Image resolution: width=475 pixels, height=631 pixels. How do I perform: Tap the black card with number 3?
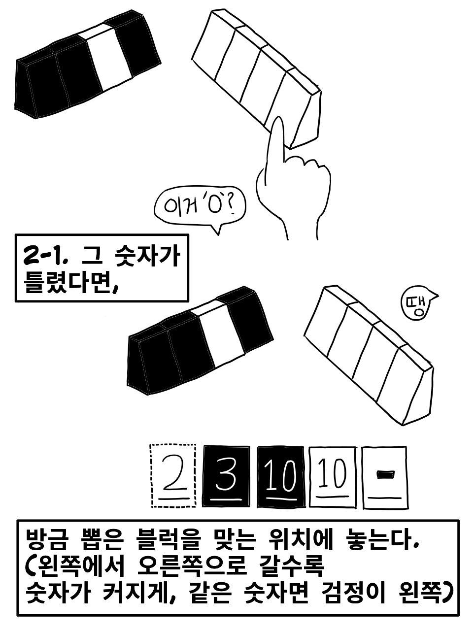coord(226,476)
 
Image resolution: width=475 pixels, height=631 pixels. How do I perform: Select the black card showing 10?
coord(281,477)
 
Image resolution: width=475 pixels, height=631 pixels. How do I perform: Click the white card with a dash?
coord(385,477)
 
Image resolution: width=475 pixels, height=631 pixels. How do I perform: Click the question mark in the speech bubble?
coord(231,206)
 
